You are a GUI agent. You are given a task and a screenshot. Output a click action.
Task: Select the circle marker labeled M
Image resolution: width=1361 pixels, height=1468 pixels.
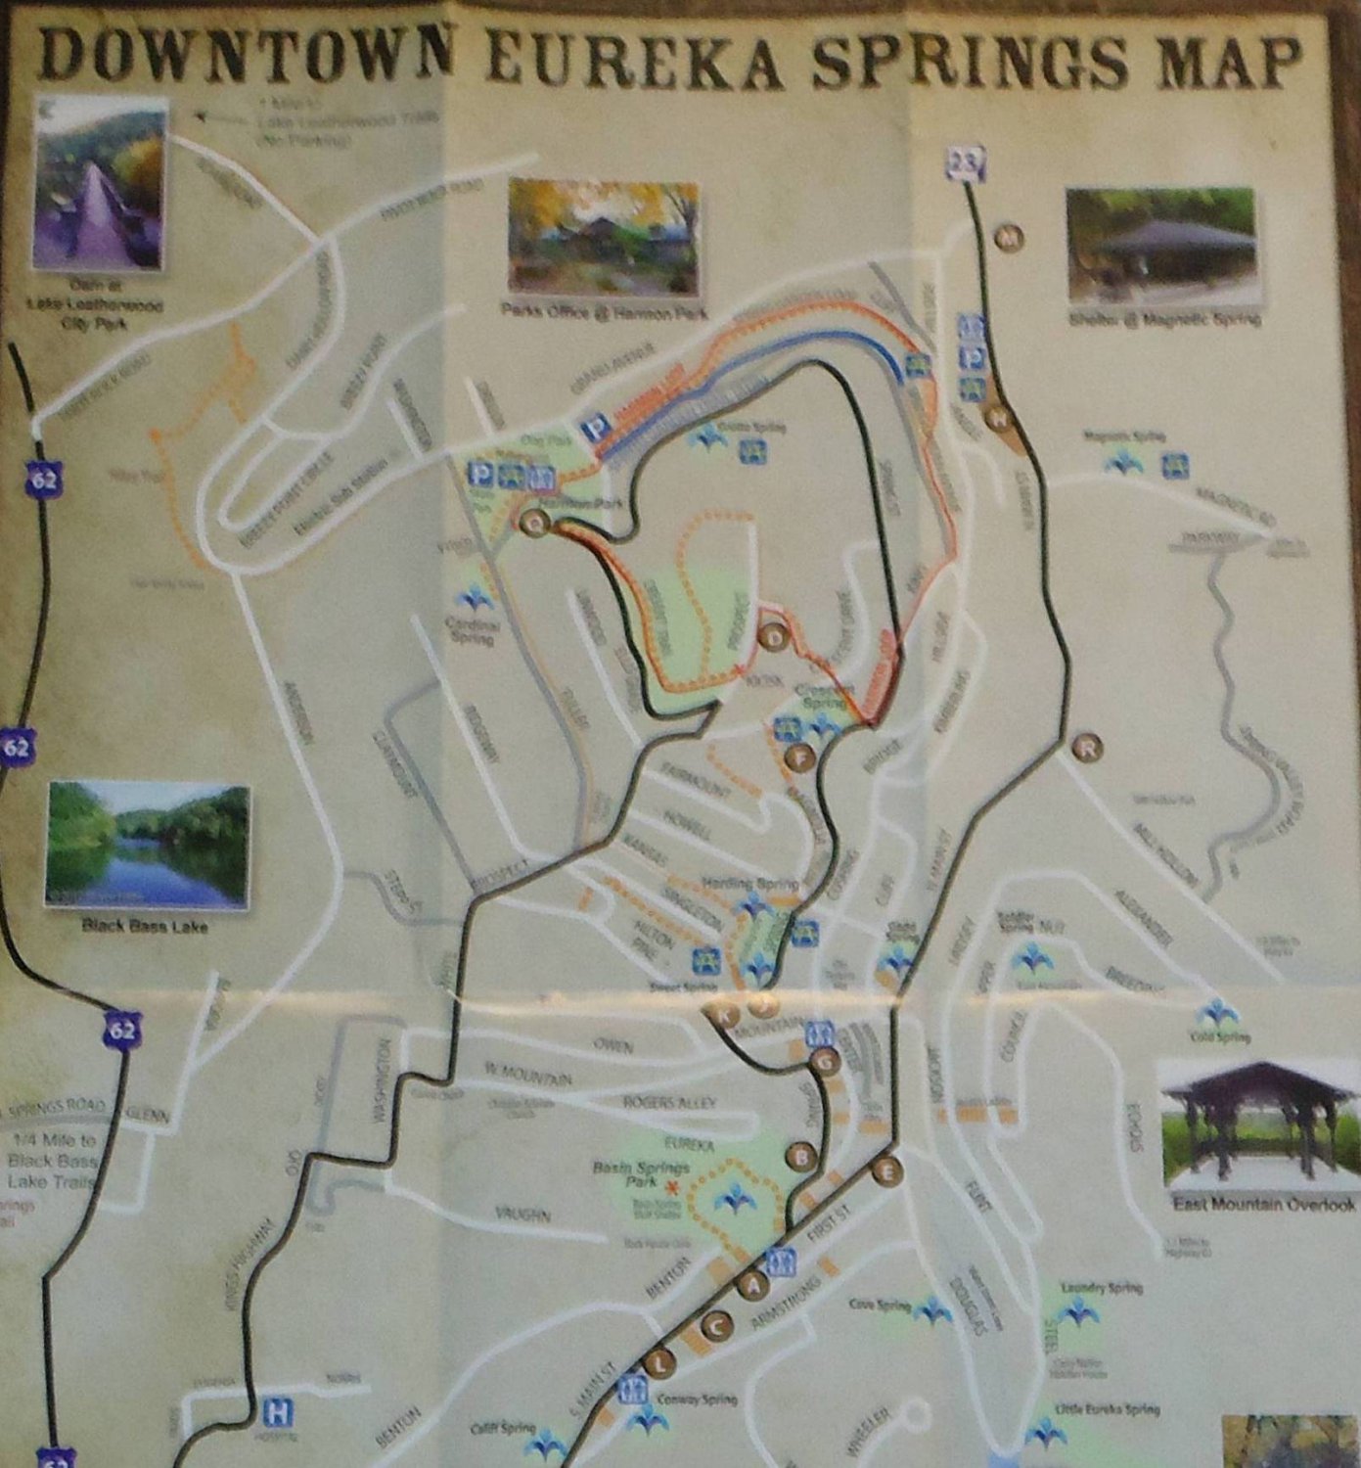click(x=1009, y=237)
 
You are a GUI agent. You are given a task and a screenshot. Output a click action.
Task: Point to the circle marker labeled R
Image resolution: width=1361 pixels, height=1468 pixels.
click(x=1087, y=748)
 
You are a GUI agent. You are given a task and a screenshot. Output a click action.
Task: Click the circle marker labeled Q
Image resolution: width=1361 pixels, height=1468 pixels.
click(x=534, y=523)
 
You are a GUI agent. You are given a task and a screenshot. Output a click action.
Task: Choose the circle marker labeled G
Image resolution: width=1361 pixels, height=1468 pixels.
click(x=826, y=1060)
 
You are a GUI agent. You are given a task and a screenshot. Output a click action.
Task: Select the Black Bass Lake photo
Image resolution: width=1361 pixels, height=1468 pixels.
click(x=147, y=845)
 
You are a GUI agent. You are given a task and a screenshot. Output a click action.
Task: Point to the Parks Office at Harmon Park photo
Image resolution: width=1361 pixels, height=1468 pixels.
click(x=605, y=239)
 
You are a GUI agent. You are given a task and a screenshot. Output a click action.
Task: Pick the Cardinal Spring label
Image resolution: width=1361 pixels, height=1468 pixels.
click(x=472, y=631)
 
